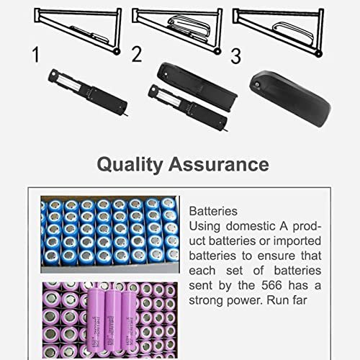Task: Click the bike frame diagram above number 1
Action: pos(72,24)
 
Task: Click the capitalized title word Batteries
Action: pos(212,212)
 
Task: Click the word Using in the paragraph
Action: pos(204,227)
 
